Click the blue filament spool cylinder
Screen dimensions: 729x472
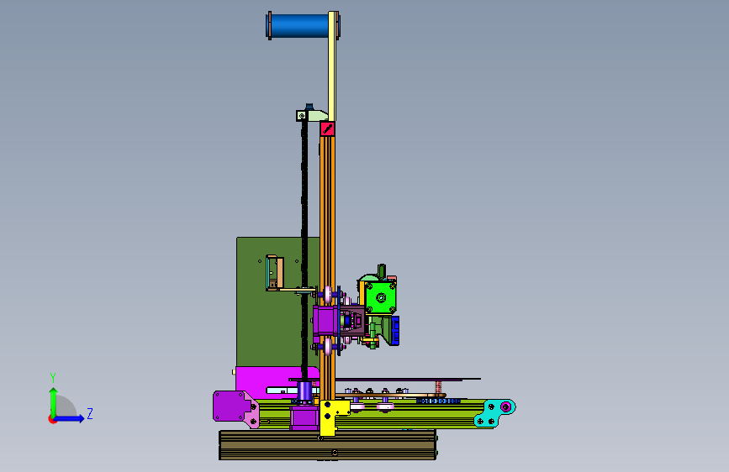coord(299,25)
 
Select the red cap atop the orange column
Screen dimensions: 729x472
coord(327,128)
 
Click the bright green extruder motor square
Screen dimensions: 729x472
coord(381,297)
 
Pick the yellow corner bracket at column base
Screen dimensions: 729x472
coord(331,415)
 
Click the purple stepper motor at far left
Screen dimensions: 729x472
coord(230,406)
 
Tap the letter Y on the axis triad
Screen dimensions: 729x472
coord(53,377)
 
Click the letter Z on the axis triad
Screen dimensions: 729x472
coord(90,413)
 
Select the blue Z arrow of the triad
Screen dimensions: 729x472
coord(70,418)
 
